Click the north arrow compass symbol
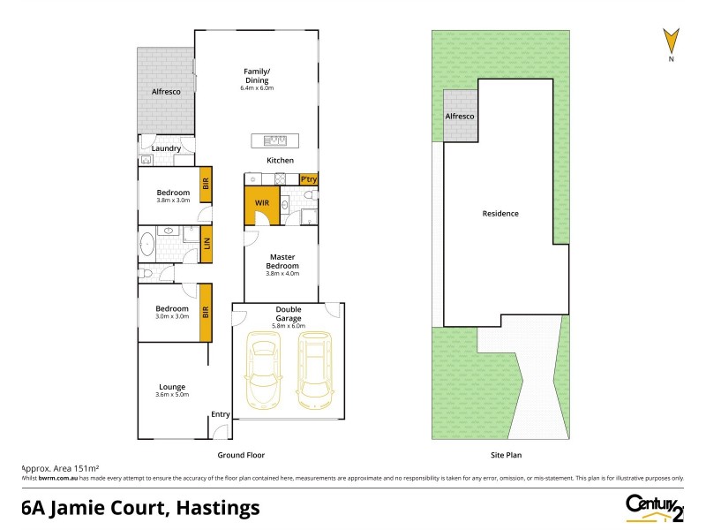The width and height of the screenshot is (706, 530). pos(672,42)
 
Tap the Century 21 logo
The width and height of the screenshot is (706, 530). pos(654,507)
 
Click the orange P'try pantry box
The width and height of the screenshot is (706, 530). pos(308,179)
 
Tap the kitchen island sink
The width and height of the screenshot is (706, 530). pos(275,140)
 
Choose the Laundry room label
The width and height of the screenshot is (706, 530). pos(166,148)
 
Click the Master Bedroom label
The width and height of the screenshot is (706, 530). pos(282,261)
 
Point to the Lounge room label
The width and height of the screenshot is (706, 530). pos(172,386)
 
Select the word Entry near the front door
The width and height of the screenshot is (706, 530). pos(220,414)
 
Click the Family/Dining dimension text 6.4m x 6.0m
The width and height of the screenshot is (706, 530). pos(257,88)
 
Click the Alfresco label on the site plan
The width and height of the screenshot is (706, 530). pos(459,117)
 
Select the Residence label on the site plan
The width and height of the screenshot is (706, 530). pos(500,214)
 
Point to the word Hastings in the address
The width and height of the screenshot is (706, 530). pos(217,508)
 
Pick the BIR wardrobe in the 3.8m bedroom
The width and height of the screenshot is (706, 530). pos(206,185)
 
